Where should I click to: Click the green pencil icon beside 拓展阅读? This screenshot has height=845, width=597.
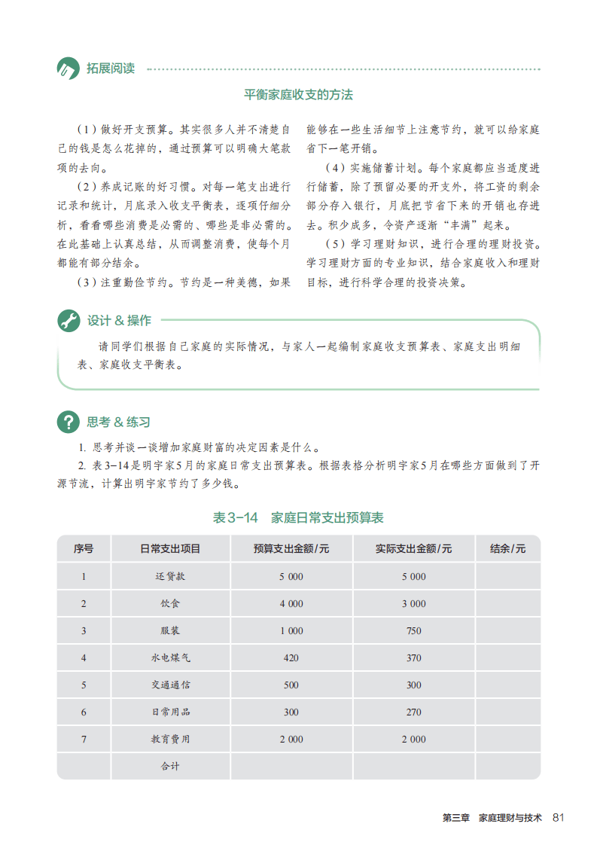point(68,69)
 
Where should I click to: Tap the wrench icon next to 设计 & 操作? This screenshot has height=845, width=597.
point(69,321)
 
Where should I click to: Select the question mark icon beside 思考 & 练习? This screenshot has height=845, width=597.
point(69,422)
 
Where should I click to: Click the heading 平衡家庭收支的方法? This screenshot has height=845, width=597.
point(298,95)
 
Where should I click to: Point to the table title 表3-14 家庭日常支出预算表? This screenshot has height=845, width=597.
point(298,517)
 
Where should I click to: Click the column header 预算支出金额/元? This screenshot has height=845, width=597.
point(291,549)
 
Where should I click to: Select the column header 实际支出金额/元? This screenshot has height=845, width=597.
point(413,549)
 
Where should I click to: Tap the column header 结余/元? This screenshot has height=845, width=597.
point(507,549)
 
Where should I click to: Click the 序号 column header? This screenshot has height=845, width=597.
point(84,549)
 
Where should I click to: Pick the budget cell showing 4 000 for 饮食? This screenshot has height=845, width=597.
point(291,603)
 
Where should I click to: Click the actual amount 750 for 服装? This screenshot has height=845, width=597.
point(413,630)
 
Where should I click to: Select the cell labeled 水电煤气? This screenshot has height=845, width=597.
point(171,657)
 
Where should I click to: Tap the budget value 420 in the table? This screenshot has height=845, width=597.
point(291,657)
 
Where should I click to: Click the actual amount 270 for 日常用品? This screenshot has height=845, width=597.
point(413,712)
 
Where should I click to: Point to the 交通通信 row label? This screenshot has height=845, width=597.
point(171,685)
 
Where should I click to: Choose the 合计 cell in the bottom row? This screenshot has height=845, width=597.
point(171,766)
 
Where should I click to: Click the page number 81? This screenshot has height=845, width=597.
point(558,818)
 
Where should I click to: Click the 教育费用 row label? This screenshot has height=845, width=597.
point(171,739)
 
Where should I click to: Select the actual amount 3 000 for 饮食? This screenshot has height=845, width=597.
point(413,603)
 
